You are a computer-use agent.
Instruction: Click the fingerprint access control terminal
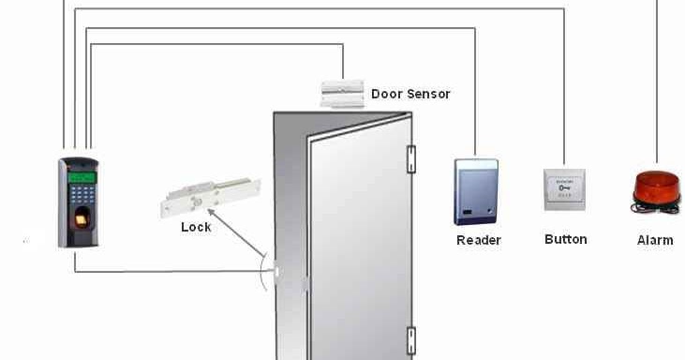pos(79,202)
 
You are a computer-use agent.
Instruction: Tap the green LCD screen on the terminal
pos(82,177)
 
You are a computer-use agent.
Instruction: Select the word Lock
pos(196,227)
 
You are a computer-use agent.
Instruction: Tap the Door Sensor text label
pos(410,94)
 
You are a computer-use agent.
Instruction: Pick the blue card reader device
pos(477,191)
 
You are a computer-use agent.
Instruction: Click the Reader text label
pos(478,240)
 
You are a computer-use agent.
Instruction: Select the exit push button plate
pos(564,188)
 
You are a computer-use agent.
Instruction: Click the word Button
pos(565,239)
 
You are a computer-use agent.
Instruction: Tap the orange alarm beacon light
pos(655,186)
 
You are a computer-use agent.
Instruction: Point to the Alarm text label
pos(655,240)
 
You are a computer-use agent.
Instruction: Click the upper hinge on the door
pos(410,158)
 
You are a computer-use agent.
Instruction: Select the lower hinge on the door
pos(410,339)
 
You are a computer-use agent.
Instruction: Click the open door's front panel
pos(356,244)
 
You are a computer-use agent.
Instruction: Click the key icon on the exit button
pos(564,187)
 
